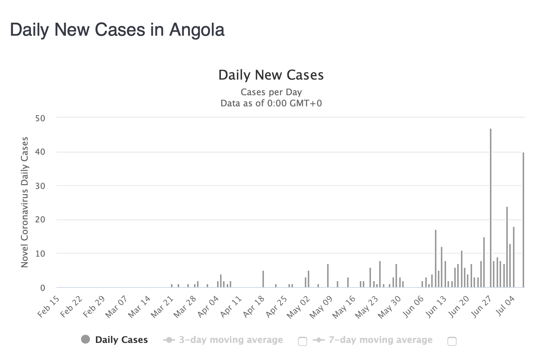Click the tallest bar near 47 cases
click(x=491, y=208)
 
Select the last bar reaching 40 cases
click(x=523, y=219)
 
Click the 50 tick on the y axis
click(x=40, y=118)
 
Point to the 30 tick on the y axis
click(x=40, y=186)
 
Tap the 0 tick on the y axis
click(x=42, y=288)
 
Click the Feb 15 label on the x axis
click(x=49, y=306)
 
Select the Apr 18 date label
click(x=254, y=306)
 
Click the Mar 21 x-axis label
click(x=162, y=306)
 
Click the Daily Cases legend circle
click(x=85, y=340)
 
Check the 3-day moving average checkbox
click(x=303, y=341)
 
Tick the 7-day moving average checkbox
click(x=452, y=341)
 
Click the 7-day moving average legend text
click(x=380, y=340)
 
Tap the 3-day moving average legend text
click(x=231, y=340)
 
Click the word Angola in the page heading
click(x=197, y=30)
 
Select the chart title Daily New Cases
click(x=271, y=75)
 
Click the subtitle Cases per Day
click(x=271, y=92)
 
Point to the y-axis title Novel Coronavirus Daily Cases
click(x=25, y=202)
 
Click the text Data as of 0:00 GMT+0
click(x=271, y=103)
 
